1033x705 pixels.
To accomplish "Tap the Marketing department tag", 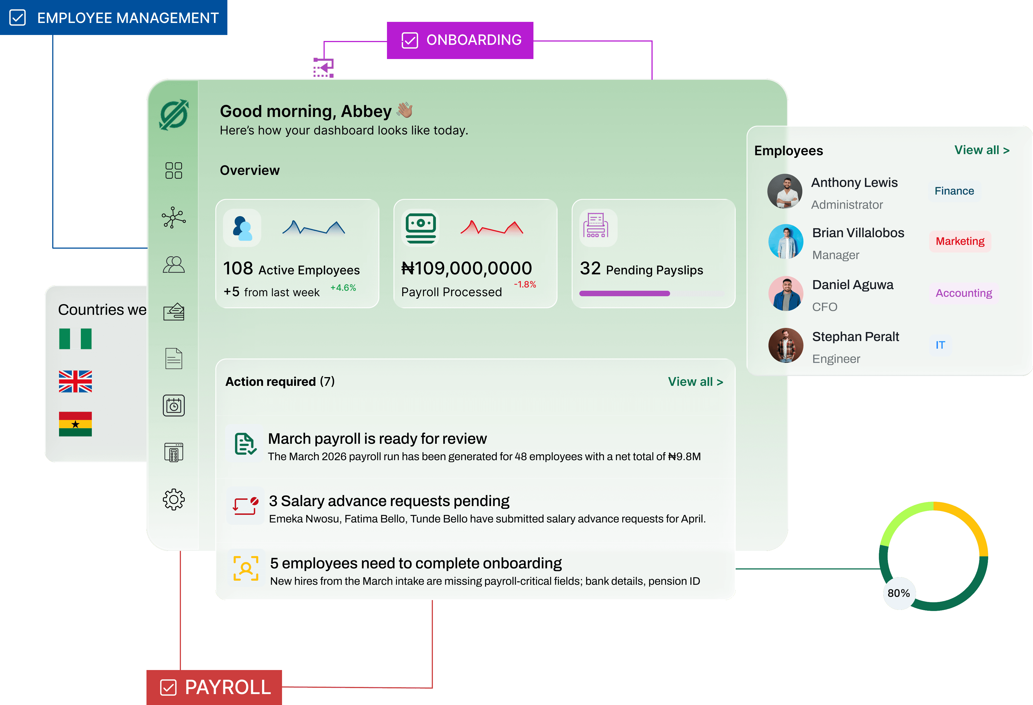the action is click(960, 241).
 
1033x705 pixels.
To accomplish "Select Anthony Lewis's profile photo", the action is click(785, 191).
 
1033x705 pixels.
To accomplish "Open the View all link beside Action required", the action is click(695, 382).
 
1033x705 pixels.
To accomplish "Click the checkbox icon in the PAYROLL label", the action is click(168, 687).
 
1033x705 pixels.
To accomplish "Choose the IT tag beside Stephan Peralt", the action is click(940, 345).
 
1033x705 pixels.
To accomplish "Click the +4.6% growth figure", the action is click(343, 287).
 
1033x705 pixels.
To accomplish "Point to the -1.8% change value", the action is click(525, 284).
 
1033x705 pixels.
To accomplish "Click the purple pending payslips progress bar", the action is click(624, 293).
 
